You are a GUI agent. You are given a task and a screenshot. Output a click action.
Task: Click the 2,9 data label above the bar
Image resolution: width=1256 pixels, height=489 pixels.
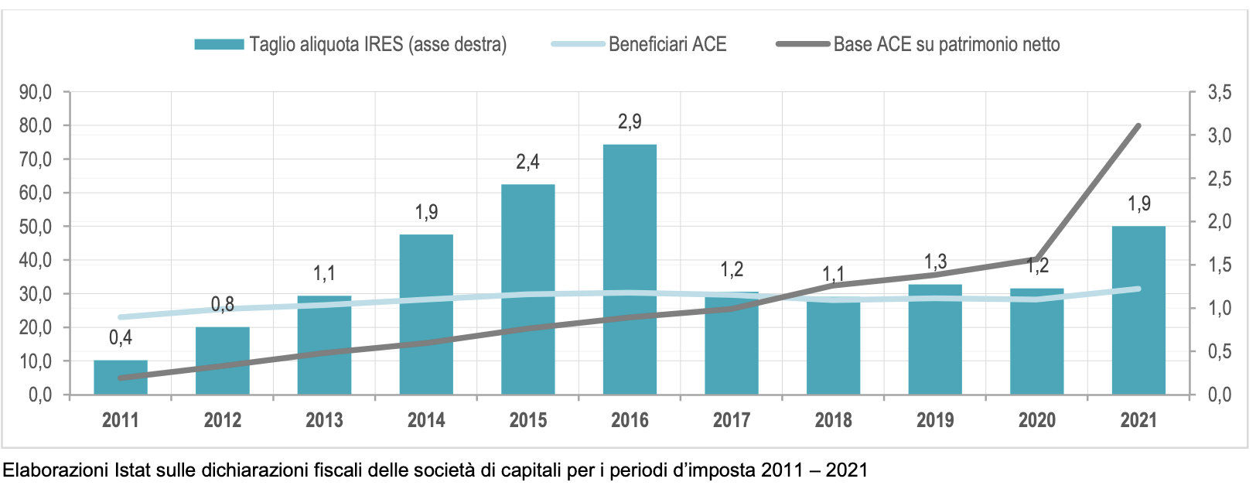[630, 121]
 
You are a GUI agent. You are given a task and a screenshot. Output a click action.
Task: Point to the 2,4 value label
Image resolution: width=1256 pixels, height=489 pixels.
[527, 162]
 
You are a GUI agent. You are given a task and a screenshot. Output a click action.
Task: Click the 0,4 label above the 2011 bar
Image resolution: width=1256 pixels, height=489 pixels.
[121, 337]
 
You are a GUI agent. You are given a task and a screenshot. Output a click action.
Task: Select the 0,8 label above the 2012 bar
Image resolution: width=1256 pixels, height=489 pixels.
[223, 304]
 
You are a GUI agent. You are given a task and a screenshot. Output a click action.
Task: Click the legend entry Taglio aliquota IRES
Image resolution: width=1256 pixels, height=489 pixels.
[377, 44]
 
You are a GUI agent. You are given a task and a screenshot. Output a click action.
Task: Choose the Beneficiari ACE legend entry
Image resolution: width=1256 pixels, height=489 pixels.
[667, 44]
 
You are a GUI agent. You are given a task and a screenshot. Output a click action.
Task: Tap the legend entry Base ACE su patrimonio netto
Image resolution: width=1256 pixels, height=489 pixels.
[946, 44]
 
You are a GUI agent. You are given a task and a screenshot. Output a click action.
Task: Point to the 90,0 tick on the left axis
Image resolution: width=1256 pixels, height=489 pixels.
[36, 92]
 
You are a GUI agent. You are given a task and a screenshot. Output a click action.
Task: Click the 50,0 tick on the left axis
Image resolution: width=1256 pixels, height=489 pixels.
[36, 227]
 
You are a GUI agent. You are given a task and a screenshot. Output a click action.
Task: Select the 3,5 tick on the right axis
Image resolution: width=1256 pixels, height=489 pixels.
[1220, 92]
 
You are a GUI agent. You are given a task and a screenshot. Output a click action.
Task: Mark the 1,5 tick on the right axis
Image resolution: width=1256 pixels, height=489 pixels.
[1220, 265]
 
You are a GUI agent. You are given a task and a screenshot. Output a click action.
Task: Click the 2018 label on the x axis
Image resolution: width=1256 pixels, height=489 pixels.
[833, 420]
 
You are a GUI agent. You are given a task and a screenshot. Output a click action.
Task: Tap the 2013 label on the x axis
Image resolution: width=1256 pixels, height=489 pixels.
[324, 420]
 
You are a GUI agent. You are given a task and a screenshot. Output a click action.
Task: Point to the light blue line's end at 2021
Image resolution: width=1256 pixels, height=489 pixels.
[1138, 289]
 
